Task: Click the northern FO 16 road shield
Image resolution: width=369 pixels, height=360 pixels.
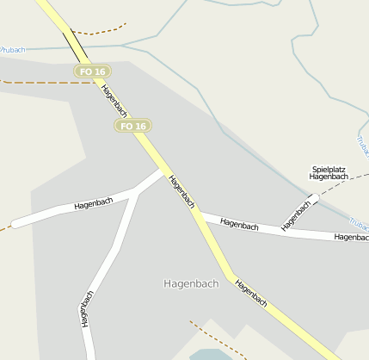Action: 90,71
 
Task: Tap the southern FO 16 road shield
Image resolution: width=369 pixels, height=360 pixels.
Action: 132,126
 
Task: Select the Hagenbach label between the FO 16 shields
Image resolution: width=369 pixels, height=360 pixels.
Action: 114,101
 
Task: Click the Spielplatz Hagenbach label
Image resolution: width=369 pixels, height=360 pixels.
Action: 329,173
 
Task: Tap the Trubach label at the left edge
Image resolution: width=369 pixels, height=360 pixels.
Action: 12,50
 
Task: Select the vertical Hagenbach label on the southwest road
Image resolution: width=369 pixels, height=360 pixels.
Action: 87,308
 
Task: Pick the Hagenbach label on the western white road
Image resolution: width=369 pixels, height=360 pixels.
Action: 94,203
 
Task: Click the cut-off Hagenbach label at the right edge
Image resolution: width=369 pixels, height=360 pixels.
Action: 352,237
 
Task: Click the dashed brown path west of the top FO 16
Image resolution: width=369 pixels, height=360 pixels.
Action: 34,83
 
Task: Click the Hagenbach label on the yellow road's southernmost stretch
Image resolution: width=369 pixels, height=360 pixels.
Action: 250,294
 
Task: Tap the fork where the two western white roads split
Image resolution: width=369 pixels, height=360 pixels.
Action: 138,191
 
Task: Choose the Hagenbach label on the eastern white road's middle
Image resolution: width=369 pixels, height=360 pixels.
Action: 239,225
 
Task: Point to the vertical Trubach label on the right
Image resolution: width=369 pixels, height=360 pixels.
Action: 362,146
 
